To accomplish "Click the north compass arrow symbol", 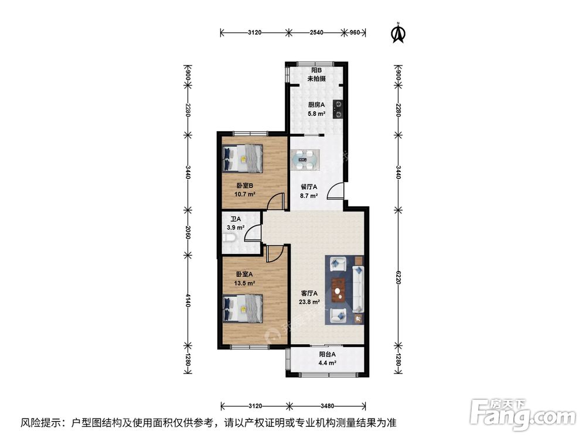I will pyautogui.click(x=398, y=33).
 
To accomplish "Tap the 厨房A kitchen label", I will pyautogui.click(x=317, y=105).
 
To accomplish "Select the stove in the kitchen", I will pyautogui.click(x=338, y=109).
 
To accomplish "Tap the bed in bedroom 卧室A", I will pyautogui.click(x=243, y=307).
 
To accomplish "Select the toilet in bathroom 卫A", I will pyautogui.click(x=229, y=239).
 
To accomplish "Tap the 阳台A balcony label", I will pyautogui.click(x=328, y=354).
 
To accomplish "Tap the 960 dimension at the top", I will pyautogui.click(x=355, y=33).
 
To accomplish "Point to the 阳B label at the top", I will pyautogui.click(x=316, y=70).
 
